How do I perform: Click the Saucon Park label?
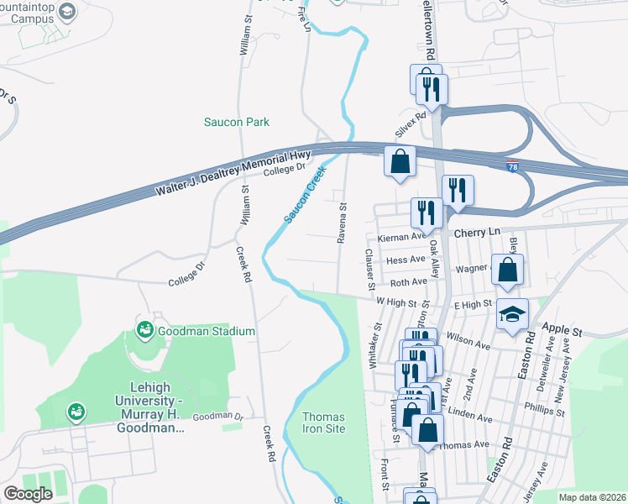(x=237, y=122)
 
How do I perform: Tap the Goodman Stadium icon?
(x=144, y=330)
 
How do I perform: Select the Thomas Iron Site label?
(x=323, y=423)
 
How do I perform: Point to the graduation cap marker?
(x=512, y=315)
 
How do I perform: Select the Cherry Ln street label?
(x=476, y=231)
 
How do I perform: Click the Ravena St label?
(x=342, y=223)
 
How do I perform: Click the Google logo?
(x=28, y=494)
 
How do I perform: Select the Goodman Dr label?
(x=217, y=417)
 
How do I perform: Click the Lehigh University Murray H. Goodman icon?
(x=76, y=412)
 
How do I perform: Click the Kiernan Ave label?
(x=401, y=238)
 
